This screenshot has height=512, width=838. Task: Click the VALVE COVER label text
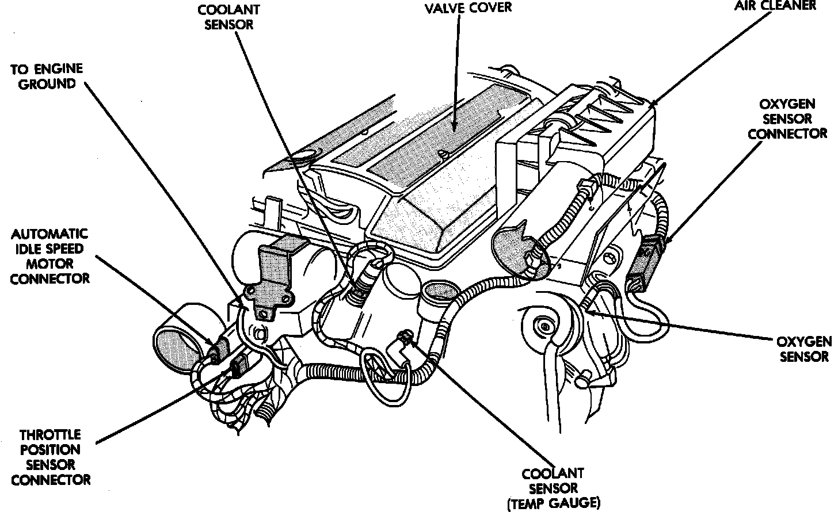[x=468, y=8]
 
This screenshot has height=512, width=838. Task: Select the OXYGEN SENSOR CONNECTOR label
[x=787, y=119]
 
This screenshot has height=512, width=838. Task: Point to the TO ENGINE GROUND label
[x=47, y=77]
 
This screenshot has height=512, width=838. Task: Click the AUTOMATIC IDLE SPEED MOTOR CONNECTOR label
[x=50, y=257]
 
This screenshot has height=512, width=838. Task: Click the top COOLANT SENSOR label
[x=228, y=17]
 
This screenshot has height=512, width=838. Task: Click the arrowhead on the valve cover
[x=455, y=127]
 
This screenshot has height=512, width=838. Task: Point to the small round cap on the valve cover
[x=442, y=154]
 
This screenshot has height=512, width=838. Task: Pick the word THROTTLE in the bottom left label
[x=51, y=435]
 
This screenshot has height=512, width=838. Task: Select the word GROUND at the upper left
[x=47, y=84]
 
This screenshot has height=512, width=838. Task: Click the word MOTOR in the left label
[x=50, y=264]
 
